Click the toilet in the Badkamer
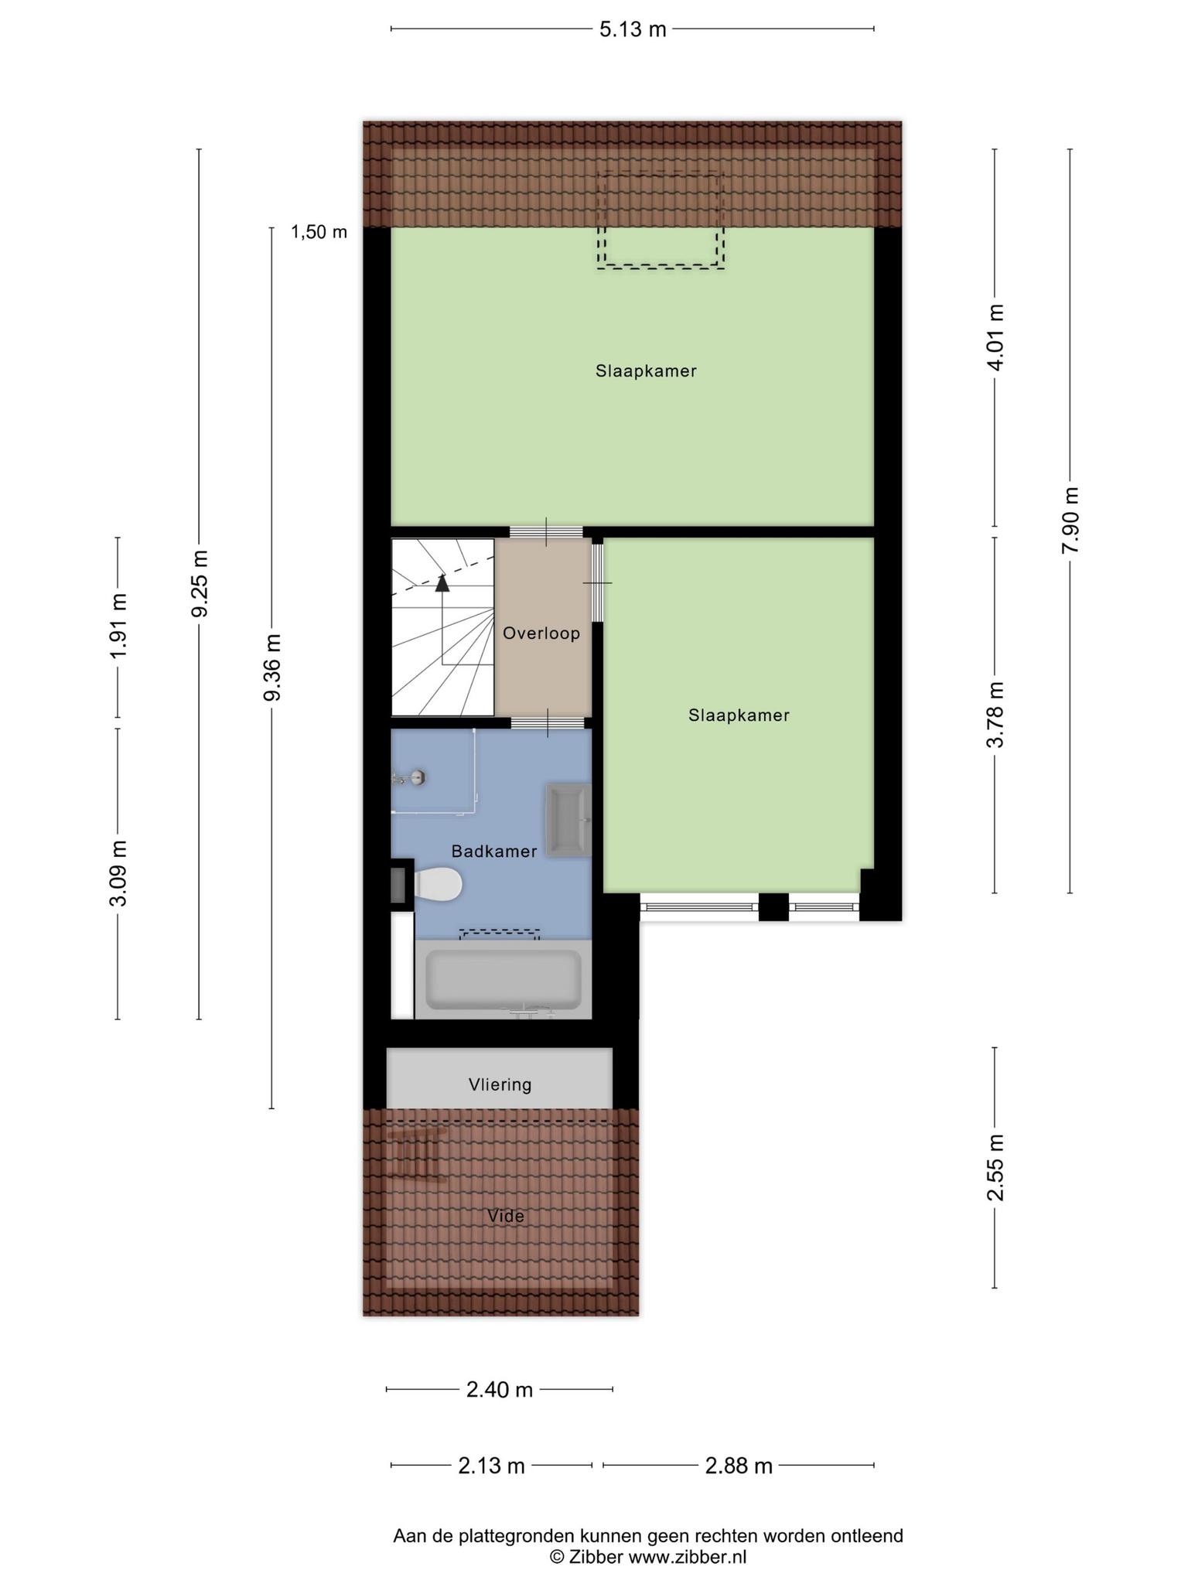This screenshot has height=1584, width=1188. pyautogui.click(x=438, y=884)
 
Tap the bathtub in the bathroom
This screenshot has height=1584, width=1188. pyautogui.click(x=504, y=979)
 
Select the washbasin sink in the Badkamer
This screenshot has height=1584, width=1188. pyautogui.click(x=568, y=820)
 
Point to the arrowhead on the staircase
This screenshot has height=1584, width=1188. pyautogui.click(x=442, y=582)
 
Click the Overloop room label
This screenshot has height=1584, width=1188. pyautogui.click(x=541, y=633)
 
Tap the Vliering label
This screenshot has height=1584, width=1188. pyautogui.click(x=500, y=1084)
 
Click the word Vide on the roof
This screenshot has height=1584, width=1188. pyautogui.click(x=506, y=1216)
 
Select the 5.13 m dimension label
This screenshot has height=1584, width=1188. pyautogui.click(x=633, y=29)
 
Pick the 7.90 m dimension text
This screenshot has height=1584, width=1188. pyautogui.click(x=1070, y=520)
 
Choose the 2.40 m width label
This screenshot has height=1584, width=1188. pyautogui.click(x=500, y=1390)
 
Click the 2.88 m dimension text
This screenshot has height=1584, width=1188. pyautogui.click(x=739, y=1466)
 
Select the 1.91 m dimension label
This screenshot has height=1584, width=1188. pyautogui.click(x=118, y=626)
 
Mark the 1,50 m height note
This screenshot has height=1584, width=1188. pyautogui.click(x=319, y=231)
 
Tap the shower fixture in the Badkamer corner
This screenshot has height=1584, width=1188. pyautogui.click(x=410, y=777)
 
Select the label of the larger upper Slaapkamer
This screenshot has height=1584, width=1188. pyautogui.click(x=646, y=371)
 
